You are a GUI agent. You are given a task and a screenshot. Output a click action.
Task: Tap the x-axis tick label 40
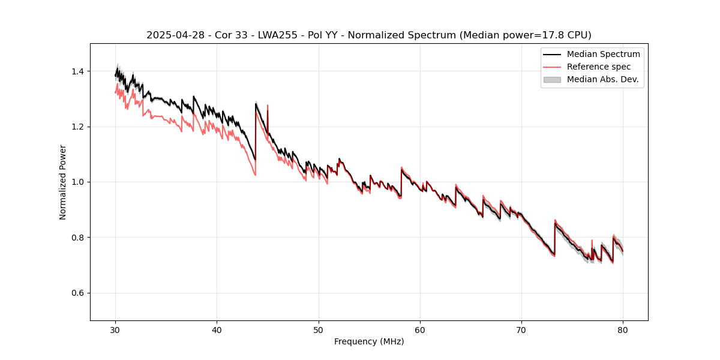click(217, 329)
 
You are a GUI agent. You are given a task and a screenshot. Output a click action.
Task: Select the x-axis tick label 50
click(319, 329)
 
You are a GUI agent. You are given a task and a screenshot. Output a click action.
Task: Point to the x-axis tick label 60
click(420, 329)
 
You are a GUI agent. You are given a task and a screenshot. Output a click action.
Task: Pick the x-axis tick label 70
click(521, 329)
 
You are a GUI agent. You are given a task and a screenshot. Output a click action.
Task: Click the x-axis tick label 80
click(623, 329)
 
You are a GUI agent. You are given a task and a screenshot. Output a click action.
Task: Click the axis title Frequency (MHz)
click(369, 341)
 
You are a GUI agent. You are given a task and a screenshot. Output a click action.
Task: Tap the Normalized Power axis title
click(62, 182)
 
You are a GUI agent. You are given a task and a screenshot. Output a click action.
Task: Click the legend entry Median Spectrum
click(603, 54)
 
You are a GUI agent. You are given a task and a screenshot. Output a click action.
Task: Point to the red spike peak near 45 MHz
click(268, 106)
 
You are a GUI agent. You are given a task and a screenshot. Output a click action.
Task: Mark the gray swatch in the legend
click(552, 79)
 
